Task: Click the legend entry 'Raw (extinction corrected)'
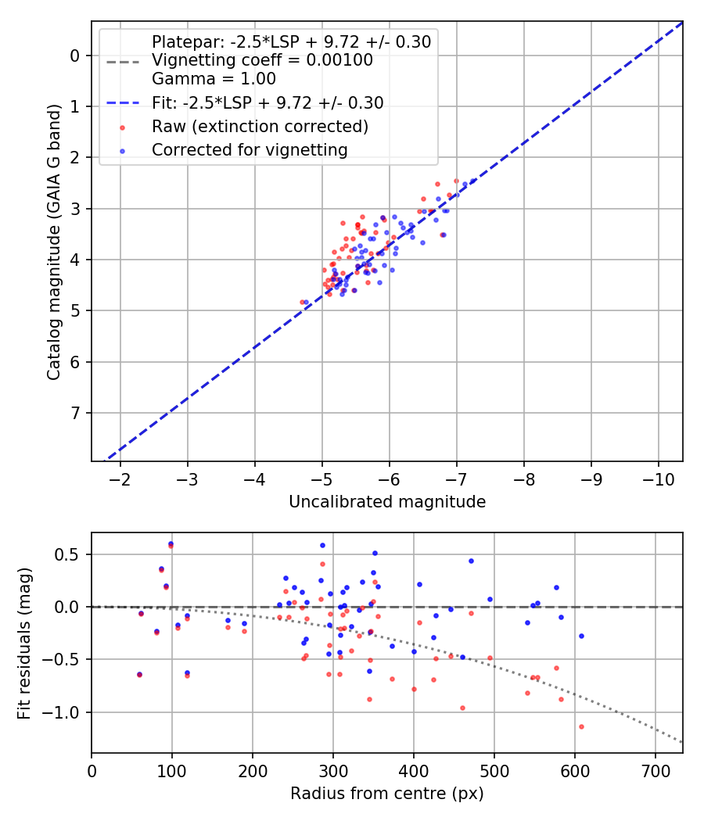pos(260,126)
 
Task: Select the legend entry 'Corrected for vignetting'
pos(250,149)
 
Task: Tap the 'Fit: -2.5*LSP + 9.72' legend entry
pos(268,102)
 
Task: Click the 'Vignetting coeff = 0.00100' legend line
pos(262,60)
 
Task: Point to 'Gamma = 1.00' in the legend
pos(214,78)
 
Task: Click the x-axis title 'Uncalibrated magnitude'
pos(387,502)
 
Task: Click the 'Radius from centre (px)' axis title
pos(387,794)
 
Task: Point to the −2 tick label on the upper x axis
pos(120,479)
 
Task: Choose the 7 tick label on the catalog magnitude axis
pos(75,413)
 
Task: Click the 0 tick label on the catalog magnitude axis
pos(75,56)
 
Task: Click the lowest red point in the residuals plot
pos(581,726)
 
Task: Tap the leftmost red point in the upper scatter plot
pos(302,302)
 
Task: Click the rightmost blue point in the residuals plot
pos(581,636)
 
